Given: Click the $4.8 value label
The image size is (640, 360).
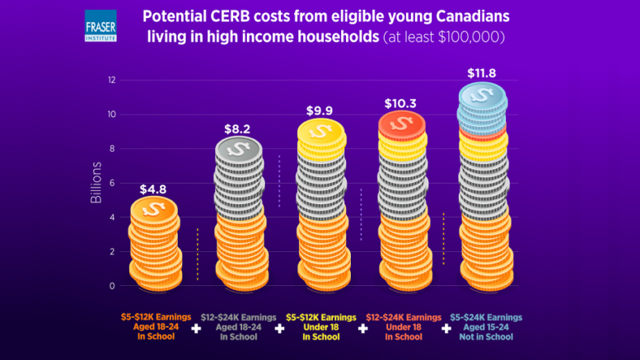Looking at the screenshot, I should [x=152, y=189].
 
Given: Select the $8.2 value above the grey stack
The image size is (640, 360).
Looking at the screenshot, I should [x=238, y=129].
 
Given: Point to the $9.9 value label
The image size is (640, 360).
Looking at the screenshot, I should [x=320, y=110].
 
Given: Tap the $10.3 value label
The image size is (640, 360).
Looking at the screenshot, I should [x=401, y=104].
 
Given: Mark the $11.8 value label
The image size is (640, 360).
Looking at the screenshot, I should [x=482, y=73].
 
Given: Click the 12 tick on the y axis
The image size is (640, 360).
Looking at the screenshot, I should [x=111, y=80].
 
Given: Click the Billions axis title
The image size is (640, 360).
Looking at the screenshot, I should [x=96, y=183].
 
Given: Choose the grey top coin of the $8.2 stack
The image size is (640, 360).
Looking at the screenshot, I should [x=238, y=150].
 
